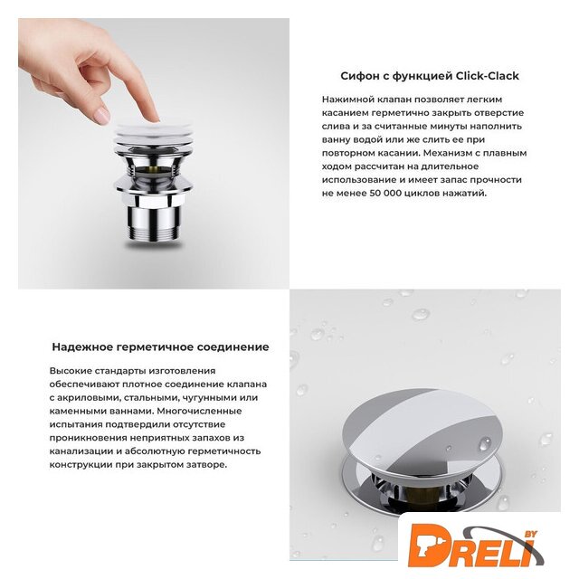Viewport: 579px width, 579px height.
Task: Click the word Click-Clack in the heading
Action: coord(487,76)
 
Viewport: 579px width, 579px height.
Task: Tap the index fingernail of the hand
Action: coord(101,116)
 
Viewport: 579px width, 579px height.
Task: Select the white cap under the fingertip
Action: coord(153,132)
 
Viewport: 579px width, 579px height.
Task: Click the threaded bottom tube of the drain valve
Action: coord(154,225)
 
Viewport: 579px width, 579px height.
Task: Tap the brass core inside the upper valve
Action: coord(157,171)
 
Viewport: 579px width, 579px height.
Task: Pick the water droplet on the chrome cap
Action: coord(485,444)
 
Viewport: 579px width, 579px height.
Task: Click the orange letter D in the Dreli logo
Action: coord(426,544)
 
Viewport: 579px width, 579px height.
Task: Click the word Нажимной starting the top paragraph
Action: coord(346,100)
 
